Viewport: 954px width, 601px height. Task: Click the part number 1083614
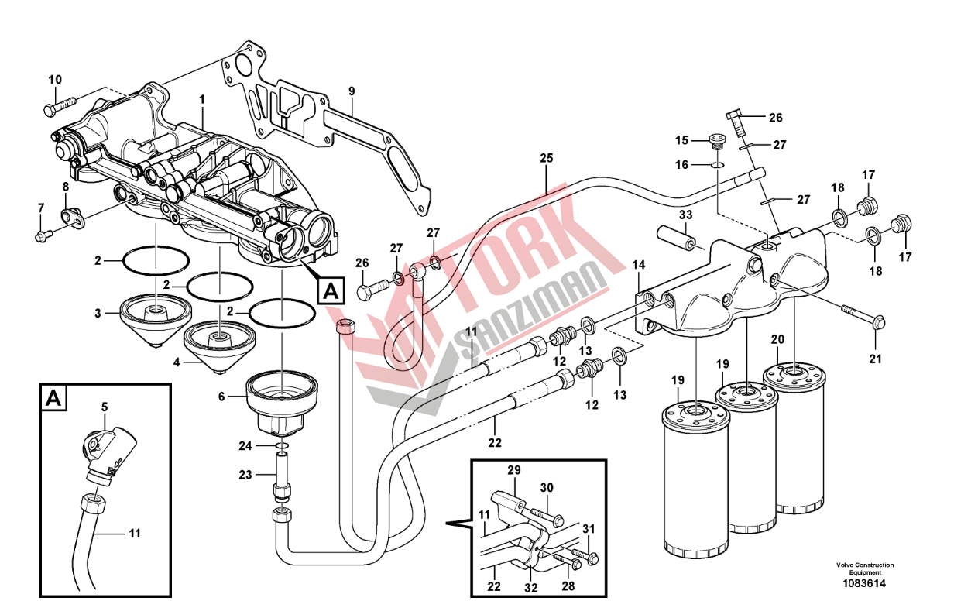pyautogui.click(x=864, y=583)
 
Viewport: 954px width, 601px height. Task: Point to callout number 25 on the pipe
pyautogui.click(x=546, y=159)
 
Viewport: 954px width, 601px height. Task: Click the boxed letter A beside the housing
pyautogui.click(x=330, y=291)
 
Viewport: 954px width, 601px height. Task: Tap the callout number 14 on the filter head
pyautogui.click(x=638, y=265)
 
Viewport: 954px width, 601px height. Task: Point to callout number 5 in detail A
pyautogui.click(x=105, y=406)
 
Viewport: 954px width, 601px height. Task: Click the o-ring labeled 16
pyautogui.click(x=717, y=165)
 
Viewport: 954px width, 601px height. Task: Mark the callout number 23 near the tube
pyautogui.click(x=245, y=475)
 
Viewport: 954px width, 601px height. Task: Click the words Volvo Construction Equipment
pyautogui.click(x=864, y=568)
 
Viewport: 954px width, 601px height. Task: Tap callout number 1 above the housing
pyautogui.click(x=201, y=99)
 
